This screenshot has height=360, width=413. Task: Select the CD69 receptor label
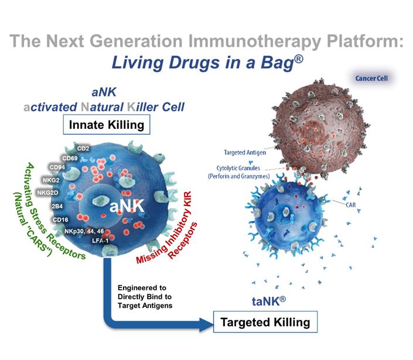click(71, 157)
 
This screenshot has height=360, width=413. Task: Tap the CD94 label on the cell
click(58, 169)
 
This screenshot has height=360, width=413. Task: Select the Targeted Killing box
click(266, 322)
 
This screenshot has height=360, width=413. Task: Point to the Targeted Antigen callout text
click(245, 152)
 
